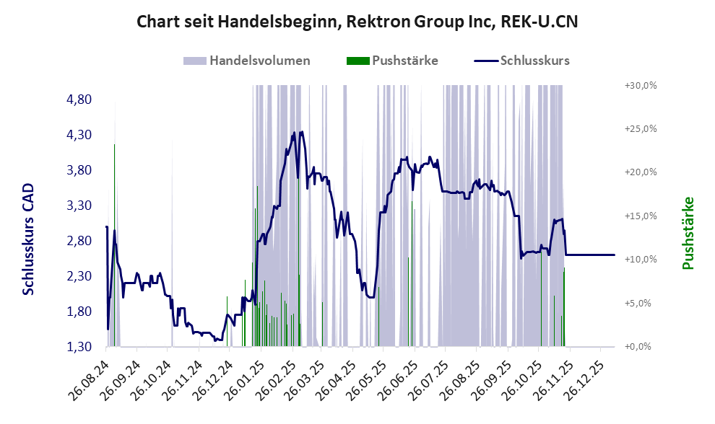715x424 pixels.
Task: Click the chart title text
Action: tap(357, 22)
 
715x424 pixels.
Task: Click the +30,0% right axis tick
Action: tap(640, 85)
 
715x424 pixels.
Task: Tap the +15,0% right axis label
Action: tap(640, 216)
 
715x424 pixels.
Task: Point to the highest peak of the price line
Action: tap(301, 132)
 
